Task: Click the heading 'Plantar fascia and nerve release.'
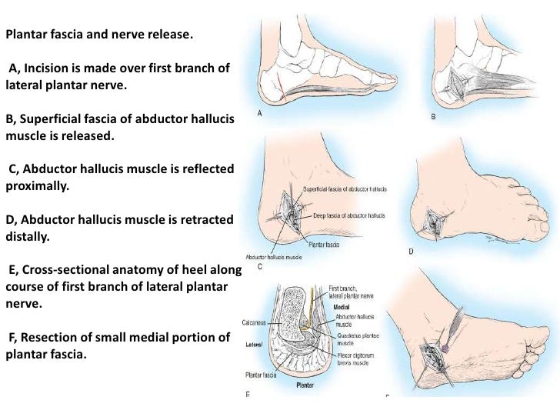point(100,35)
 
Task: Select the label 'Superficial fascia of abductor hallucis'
point(345,188)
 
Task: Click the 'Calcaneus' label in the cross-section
point(255,323)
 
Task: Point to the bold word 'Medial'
point(342,306)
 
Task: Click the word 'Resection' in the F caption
point(45,337)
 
